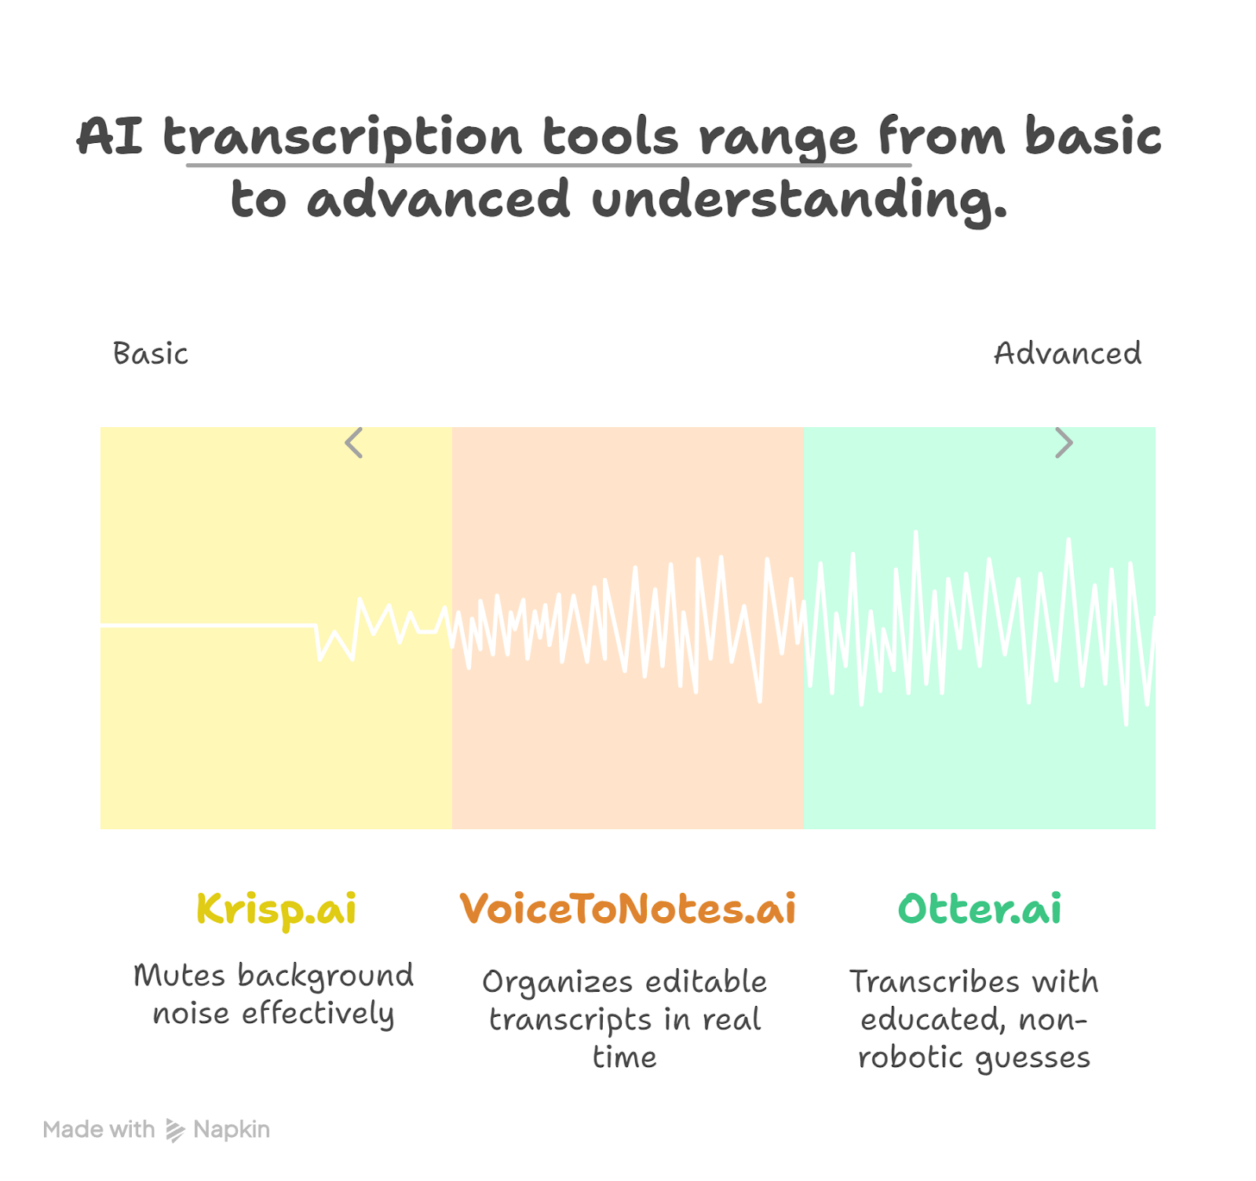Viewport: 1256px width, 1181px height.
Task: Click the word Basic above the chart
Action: tap(151, 353)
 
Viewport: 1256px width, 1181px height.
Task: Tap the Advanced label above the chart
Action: tap(1068, 353)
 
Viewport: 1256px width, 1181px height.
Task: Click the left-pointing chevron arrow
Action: tap(353, 443)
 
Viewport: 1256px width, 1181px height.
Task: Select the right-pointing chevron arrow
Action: tap(1064, 443)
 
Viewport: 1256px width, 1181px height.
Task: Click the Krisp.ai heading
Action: tap(276, 910)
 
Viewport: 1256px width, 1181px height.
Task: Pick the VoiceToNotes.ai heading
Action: tap(628, 909)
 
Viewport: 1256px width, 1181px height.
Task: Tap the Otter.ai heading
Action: tap(980, 909)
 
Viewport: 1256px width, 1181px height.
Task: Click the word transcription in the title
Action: tap(342, 137)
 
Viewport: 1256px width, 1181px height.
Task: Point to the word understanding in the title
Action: tap(798, 199)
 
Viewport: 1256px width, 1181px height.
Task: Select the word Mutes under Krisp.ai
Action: tap(180, 975)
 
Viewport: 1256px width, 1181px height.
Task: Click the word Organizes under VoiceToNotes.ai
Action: tap(557, 982)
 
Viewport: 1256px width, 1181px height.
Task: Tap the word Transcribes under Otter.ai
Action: tap(935, 982)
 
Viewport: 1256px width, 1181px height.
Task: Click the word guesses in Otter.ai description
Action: tap(1032, 1059)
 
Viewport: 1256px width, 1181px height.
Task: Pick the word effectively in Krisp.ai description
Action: tap(318, 1014)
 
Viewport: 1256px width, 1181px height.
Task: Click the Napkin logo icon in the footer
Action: tap(175, 1130)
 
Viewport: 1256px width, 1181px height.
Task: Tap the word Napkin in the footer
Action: tap(232, 1130)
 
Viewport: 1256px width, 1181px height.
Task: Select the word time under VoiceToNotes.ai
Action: tap(625, 1057)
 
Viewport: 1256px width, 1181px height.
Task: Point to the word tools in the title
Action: tap(611, 137)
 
